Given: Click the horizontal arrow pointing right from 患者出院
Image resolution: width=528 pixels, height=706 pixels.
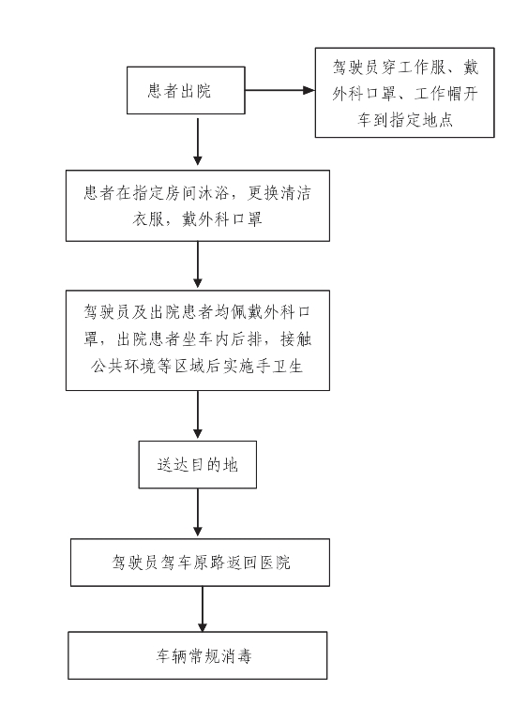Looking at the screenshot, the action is [279, 91].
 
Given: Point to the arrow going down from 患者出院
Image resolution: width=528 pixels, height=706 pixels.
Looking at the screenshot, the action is [197, 140].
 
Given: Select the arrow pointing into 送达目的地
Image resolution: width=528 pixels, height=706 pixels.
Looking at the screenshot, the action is [197, 414].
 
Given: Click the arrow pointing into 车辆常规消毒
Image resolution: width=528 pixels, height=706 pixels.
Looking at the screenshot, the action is [203, 608].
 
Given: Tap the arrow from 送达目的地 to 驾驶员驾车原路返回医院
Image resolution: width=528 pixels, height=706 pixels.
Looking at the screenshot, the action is [197, 513].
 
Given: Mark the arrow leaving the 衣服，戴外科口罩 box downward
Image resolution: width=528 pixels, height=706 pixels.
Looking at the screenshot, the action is [197, 264].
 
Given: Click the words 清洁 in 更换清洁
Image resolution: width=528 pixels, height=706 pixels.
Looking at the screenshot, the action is [295, 193].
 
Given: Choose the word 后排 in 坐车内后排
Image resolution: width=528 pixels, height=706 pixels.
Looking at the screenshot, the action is [247, 339].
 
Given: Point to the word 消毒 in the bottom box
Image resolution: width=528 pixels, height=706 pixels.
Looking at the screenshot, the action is [236, 656].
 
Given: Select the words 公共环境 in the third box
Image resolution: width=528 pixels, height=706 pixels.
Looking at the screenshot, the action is [125, 366].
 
